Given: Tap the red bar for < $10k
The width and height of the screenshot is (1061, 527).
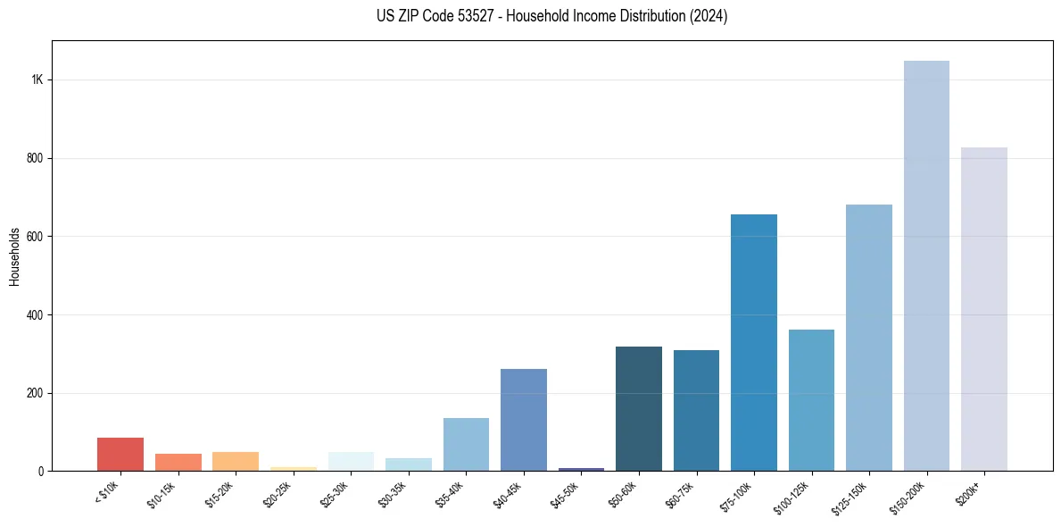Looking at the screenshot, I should tap(120, 454).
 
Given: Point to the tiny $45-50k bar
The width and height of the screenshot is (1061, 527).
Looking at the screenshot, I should tap(581, 469).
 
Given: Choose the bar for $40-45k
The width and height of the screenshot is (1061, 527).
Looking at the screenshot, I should tap(524, 420).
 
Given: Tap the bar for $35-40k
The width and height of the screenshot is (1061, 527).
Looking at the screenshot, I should tap(466, 444).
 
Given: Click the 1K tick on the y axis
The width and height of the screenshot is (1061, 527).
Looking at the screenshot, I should tap(37, 79).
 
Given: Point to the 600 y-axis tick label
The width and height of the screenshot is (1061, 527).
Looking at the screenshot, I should tap(36, 237).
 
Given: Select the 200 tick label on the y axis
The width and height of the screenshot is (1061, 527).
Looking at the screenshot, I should tap(36, 393).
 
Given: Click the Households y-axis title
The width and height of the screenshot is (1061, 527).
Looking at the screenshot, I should tap(15, 256).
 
